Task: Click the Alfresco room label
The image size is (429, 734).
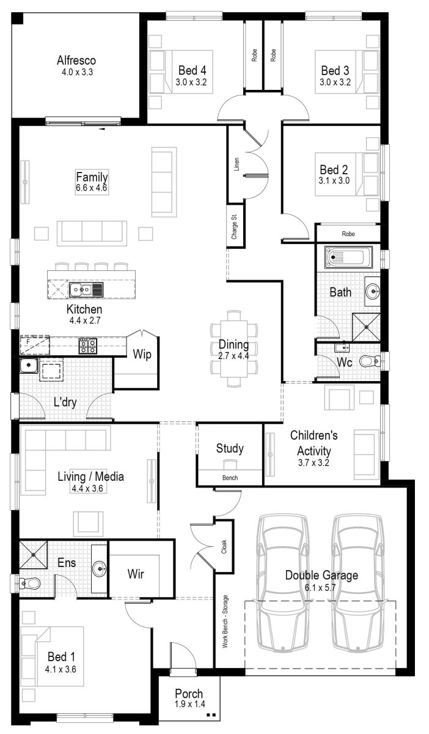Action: click(76, 61)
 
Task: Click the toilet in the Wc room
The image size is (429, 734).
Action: click(369, 361)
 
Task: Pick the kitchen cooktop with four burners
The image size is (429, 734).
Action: click(87, 346)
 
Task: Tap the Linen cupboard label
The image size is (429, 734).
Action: click(236, 164)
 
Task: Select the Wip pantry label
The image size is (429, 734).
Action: click(142, 355)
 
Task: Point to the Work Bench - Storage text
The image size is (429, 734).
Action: click(224, 621)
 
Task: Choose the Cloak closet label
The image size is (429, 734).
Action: click(224, 546)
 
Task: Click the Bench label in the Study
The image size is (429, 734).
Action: click(230, 478)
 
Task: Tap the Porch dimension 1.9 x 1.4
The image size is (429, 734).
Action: click(189, 704)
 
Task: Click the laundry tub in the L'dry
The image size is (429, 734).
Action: click(28, 366)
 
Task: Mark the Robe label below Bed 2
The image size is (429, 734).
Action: click(348, 234)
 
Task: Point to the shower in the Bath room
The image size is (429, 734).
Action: click(365, 327)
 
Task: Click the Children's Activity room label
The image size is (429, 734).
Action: click(313, 442)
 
